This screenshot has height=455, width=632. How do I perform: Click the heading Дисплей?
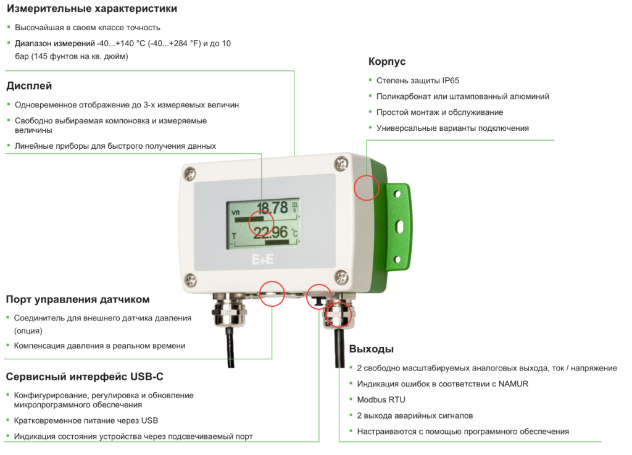[29, 86]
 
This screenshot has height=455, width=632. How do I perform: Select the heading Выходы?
[371, 349]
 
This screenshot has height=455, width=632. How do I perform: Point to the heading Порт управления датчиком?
[78, 299]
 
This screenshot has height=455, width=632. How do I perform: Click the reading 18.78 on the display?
[272, 207]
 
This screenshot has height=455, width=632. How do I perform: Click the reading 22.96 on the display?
[271, 232]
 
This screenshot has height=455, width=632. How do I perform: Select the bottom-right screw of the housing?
[340, 275]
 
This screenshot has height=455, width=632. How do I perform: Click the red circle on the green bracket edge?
[367, 187]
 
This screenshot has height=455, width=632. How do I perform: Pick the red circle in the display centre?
[261, 222]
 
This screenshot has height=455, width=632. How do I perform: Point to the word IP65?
[450, 80]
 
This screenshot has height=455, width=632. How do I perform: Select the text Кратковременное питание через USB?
[86, 420]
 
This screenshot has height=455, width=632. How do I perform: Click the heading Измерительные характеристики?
[92, 9]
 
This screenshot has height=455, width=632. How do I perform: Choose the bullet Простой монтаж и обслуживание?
[439, 112]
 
